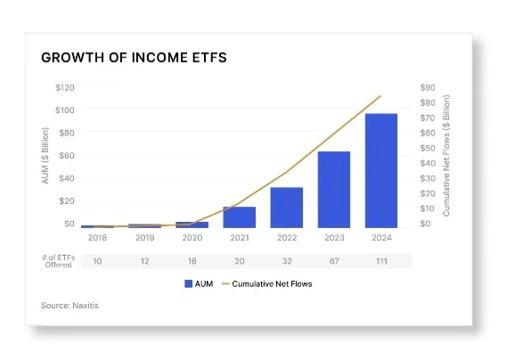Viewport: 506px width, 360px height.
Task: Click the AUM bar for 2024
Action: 381,171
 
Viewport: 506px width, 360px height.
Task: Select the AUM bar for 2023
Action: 334,190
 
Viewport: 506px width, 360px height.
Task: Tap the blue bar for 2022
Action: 287,208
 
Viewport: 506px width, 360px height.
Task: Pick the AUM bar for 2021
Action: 240,217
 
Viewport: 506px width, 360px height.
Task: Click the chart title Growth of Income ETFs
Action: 134,58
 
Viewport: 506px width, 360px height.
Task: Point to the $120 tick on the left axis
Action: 65,88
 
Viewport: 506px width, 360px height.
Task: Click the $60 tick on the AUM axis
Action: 67,156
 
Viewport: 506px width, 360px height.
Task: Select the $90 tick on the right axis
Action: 428,88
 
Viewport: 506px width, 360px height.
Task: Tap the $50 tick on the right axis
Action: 428,148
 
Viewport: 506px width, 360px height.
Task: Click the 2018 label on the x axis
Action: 97,238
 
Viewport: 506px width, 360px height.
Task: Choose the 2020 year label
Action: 192,238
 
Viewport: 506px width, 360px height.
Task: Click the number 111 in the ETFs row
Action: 381,261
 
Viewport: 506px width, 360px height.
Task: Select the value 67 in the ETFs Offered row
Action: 334,261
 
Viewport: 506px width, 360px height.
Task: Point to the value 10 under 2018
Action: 97,261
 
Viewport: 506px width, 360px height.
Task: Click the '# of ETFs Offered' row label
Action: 59,261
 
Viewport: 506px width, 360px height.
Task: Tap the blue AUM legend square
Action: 189,283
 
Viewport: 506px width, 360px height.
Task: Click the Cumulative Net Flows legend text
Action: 272,284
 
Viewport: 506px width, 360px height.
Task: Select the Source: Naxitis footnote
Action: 70,306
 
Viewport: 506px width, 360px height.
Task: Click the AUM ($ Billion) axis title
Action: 45,156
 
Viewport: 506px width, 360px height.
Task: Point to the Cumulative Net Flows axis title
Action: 446,156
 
